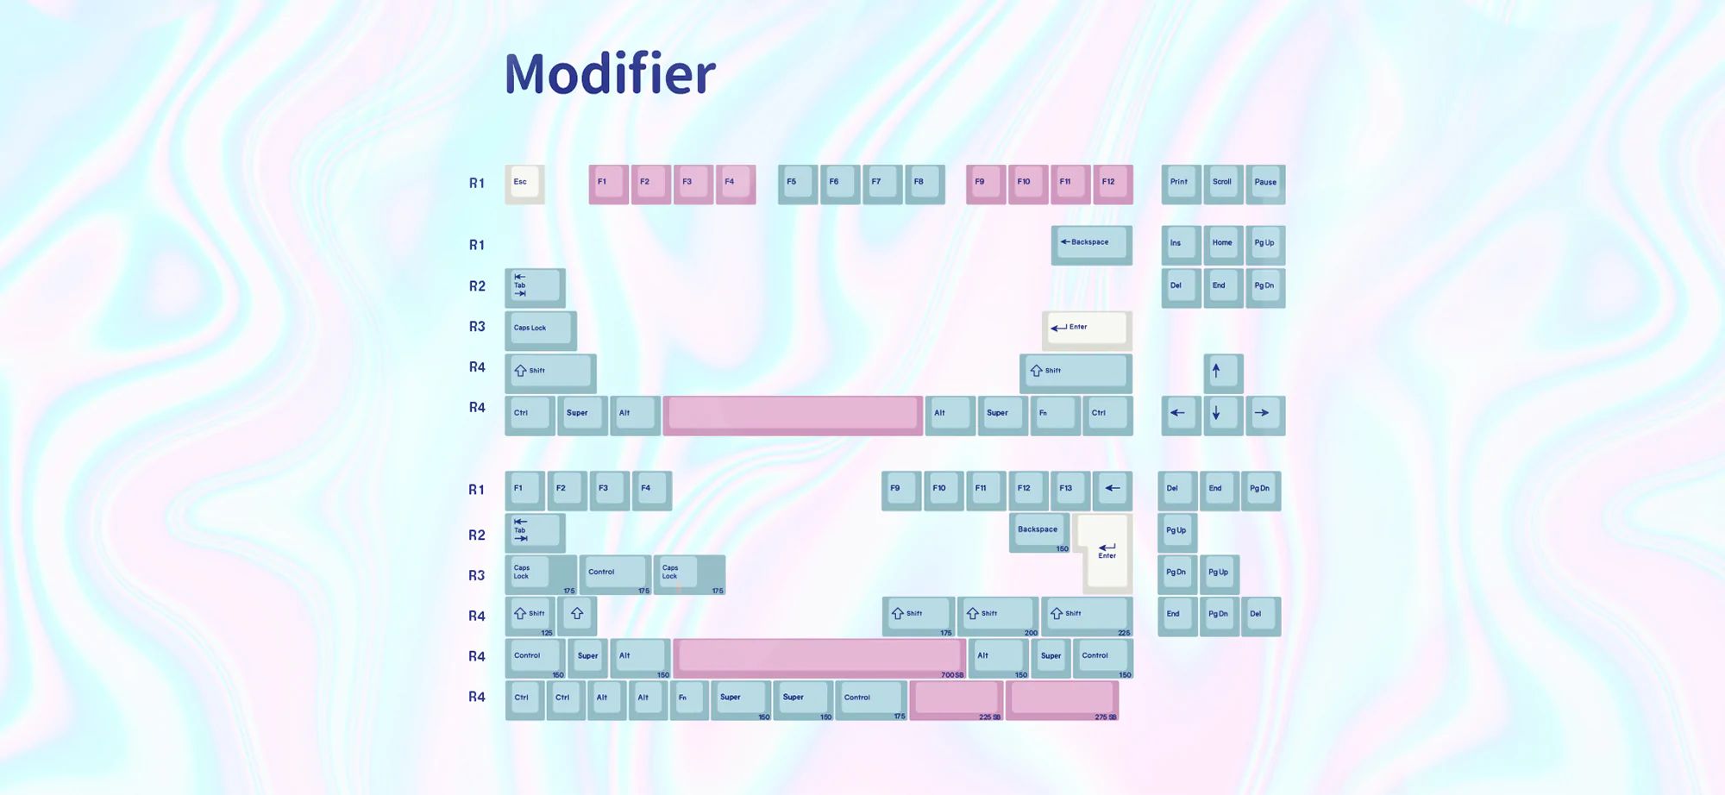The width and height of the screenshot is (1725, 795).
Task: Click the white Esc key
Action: (x=524, y=184)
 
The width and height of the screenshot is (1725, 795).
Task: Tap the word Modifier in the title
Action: (x=610, y=73)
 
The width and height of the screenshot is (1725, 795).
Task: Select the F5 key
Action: (x=797, y=184)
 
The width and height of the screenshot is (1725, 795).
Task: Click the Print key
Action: (x=1181, y=184)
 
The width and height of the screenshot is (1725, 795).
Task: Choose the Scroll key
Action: (x=1223, y=184)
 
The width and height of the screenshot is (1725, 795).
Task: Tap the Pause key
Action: (x=1265, y=184)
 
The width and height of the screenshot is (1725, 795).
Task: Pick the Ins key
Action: (x=1181, y=245)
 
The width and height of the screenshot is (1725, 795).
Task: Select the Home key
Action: (x=1223, y=245)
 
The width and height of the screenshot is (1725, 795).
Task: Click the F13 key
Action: (x=1070, y=490)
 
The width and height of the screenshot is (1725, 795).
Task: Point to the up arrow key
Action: (x=1223, y=372)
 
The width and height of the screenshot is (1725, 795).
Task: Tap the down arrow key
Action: (x=1223, y=415)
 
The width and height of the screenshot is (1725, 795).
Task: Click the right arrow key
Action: (x=1265, y=415)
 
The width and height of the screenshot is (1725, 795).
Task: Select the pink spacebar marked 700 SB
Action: (x=819, y=658)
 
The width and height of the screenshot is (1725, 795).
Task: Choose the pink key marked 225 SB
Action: (x=957, y=699)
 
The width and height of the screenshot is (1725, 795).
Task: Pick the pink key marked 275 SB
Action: (x=1062, y=699)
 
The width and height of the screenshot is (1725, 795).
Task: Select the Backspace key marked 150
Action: (x=1039, y=532)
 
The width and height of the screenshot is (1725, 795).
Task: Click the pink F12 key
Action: (x=1113, y=184)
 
